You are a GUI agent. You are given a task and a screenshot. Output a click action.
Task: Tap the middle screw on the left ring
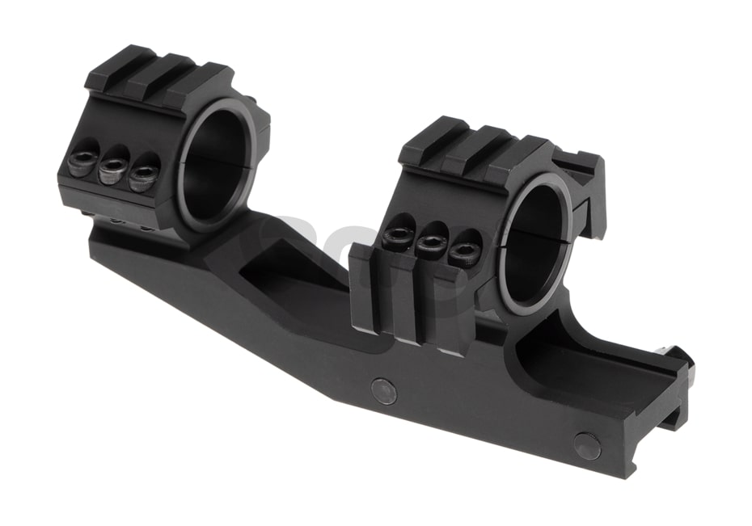pos(112,170)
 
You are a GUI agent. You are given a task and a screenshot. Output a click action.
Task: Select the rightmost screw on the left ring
pos(143,175)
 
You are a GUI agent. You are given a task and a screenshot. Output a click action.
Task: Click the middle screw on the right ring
pos(431,244)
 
